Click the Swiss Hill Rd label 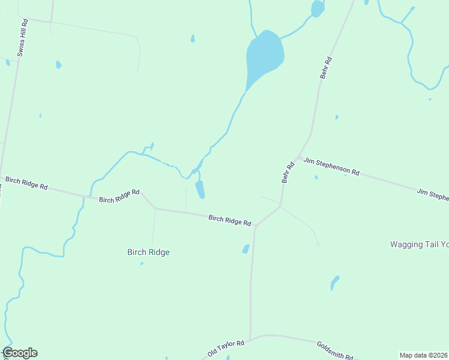(22, 38)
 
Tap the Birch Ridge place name (148, 253)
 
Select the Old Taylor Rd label (226, 348)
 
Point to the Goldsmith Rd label (334, 349)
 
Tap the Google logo (20, 353)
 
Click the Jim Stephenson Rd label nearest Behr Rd (331, 166)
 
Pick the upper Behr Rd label (325, 68)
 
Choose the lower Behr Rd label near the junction (288, 172)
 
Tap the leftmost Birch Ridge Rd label (26, 182)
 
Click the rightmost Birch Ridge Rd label (229, 220)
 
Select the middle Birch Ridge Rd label (119, 196)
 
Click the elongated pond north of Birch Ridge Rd (200, 189)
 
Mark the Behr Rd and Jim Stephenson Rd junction (298, 157)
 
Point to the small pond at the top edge (317, 8)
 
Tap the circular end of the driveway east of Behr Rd (318, 244)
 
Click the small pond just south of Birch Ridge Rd (246, 248)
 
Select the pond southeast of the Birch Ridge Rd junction (335, 282)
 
